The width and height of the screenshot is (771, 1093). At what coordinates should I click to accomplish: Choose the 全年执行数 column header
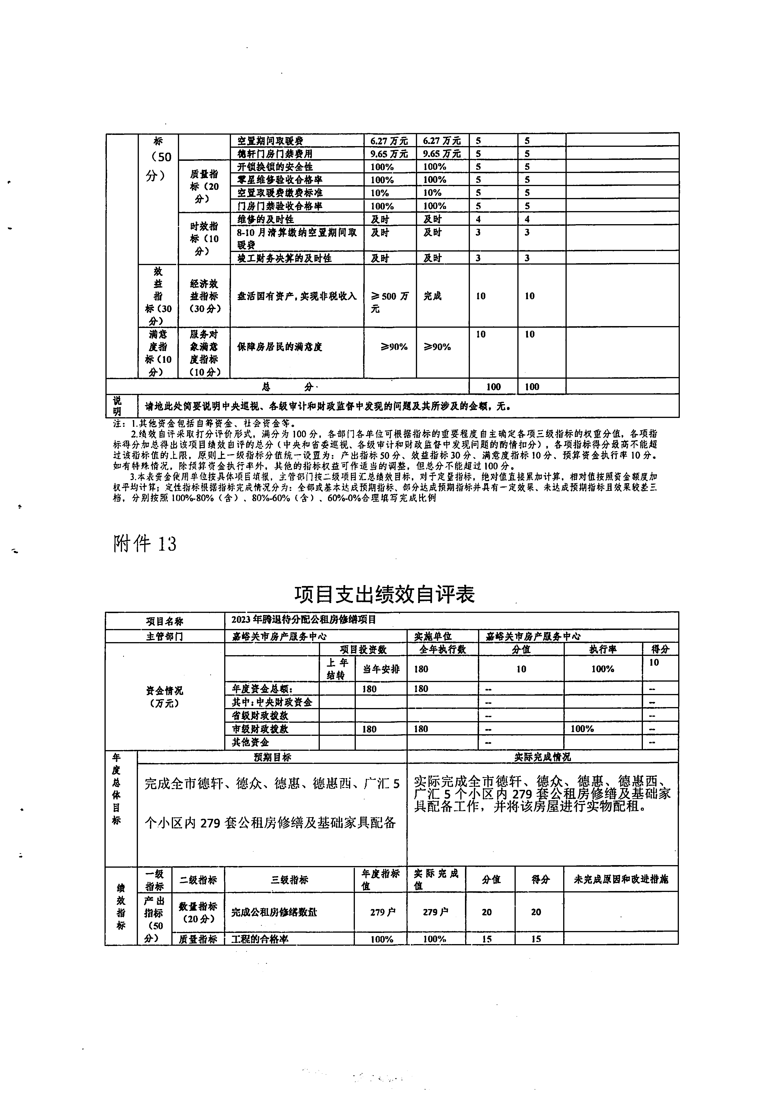(x=442, y=649)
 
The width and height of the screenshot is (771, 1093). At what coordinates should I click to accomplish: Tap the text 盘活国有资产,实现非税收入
(x=297, y=296)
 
